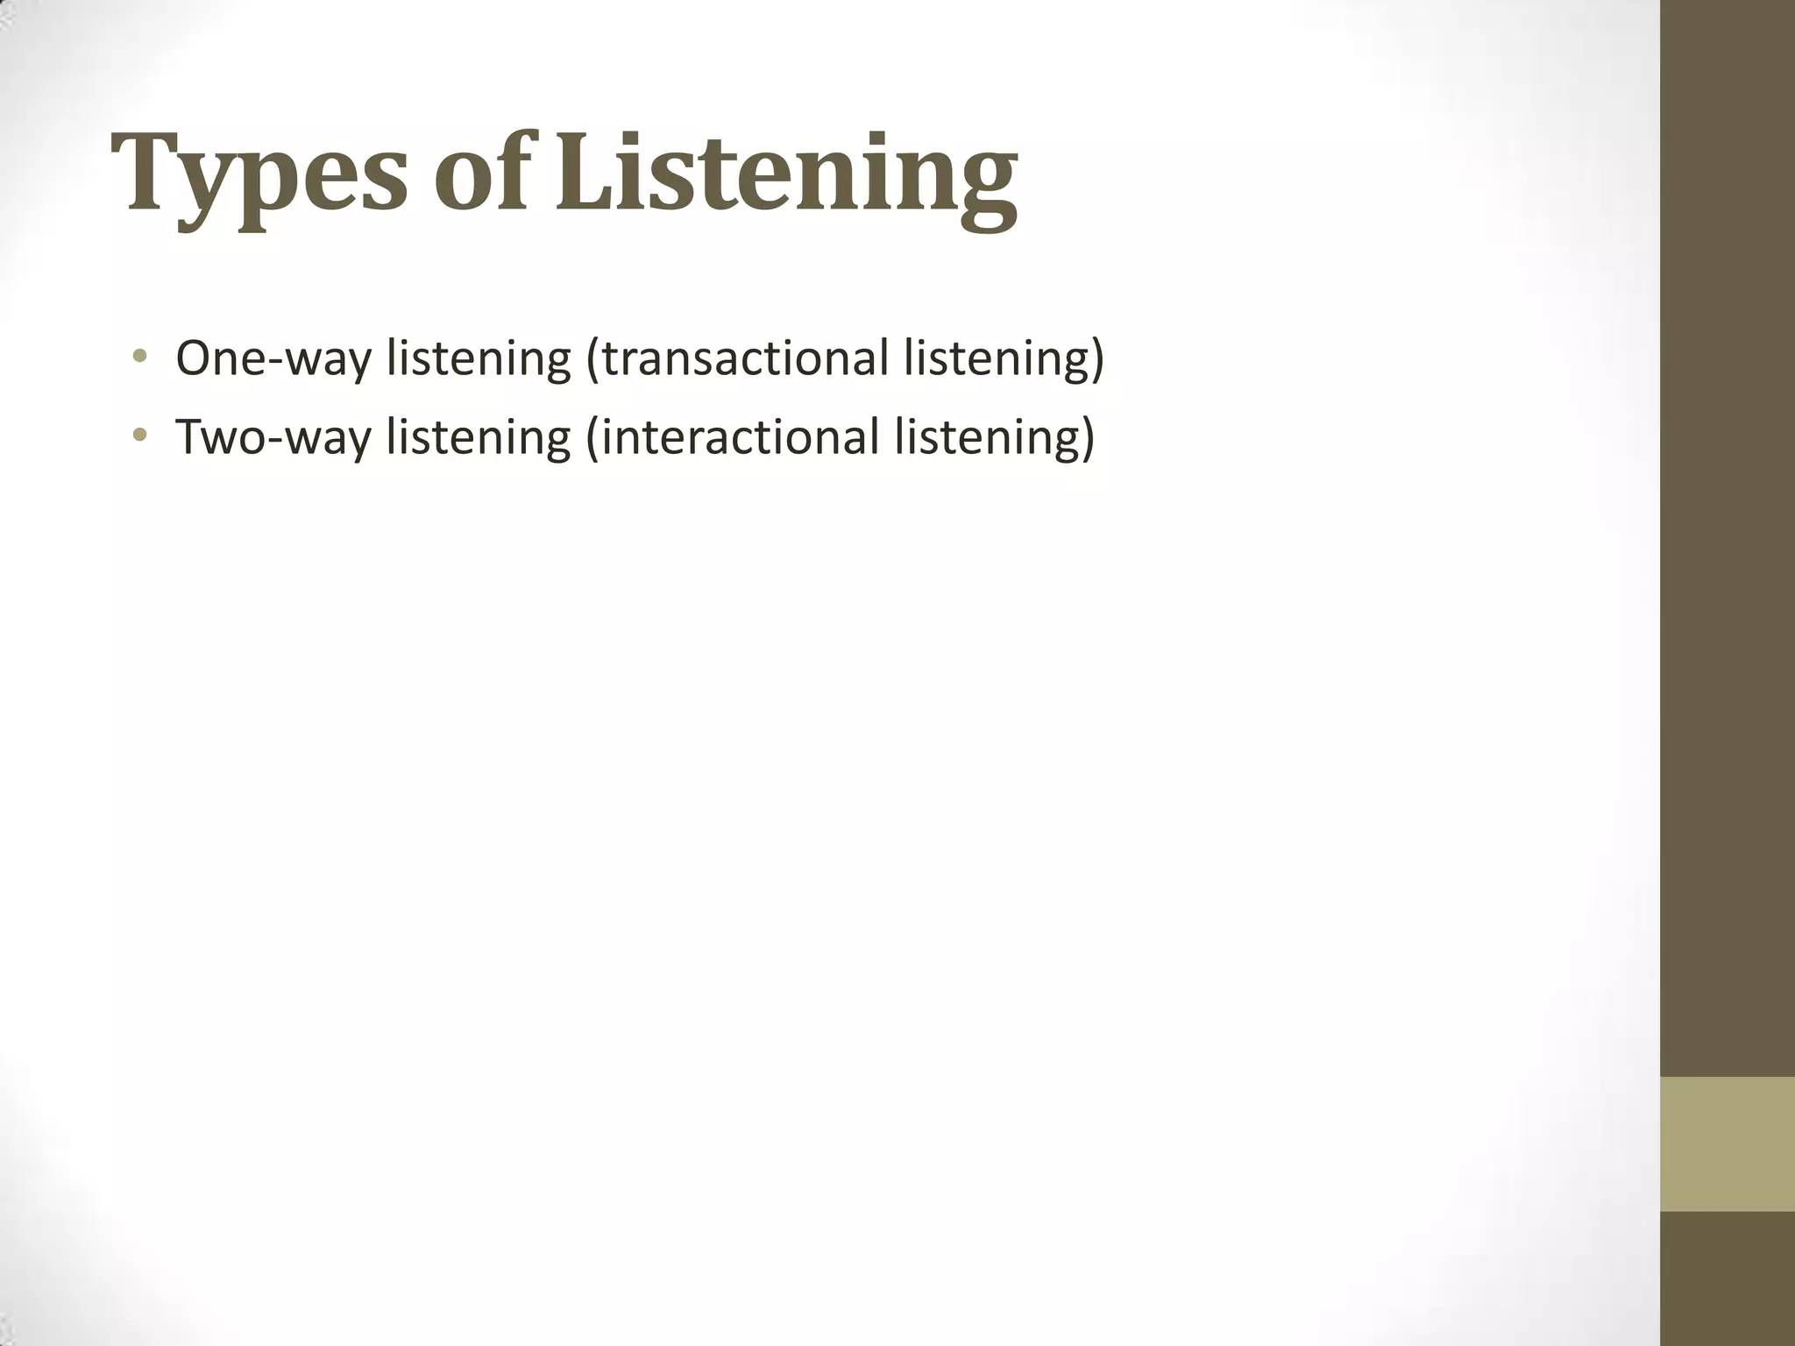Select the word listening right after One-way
479,358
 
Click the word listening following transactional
996,358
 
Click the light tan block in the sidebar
1727,1144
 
